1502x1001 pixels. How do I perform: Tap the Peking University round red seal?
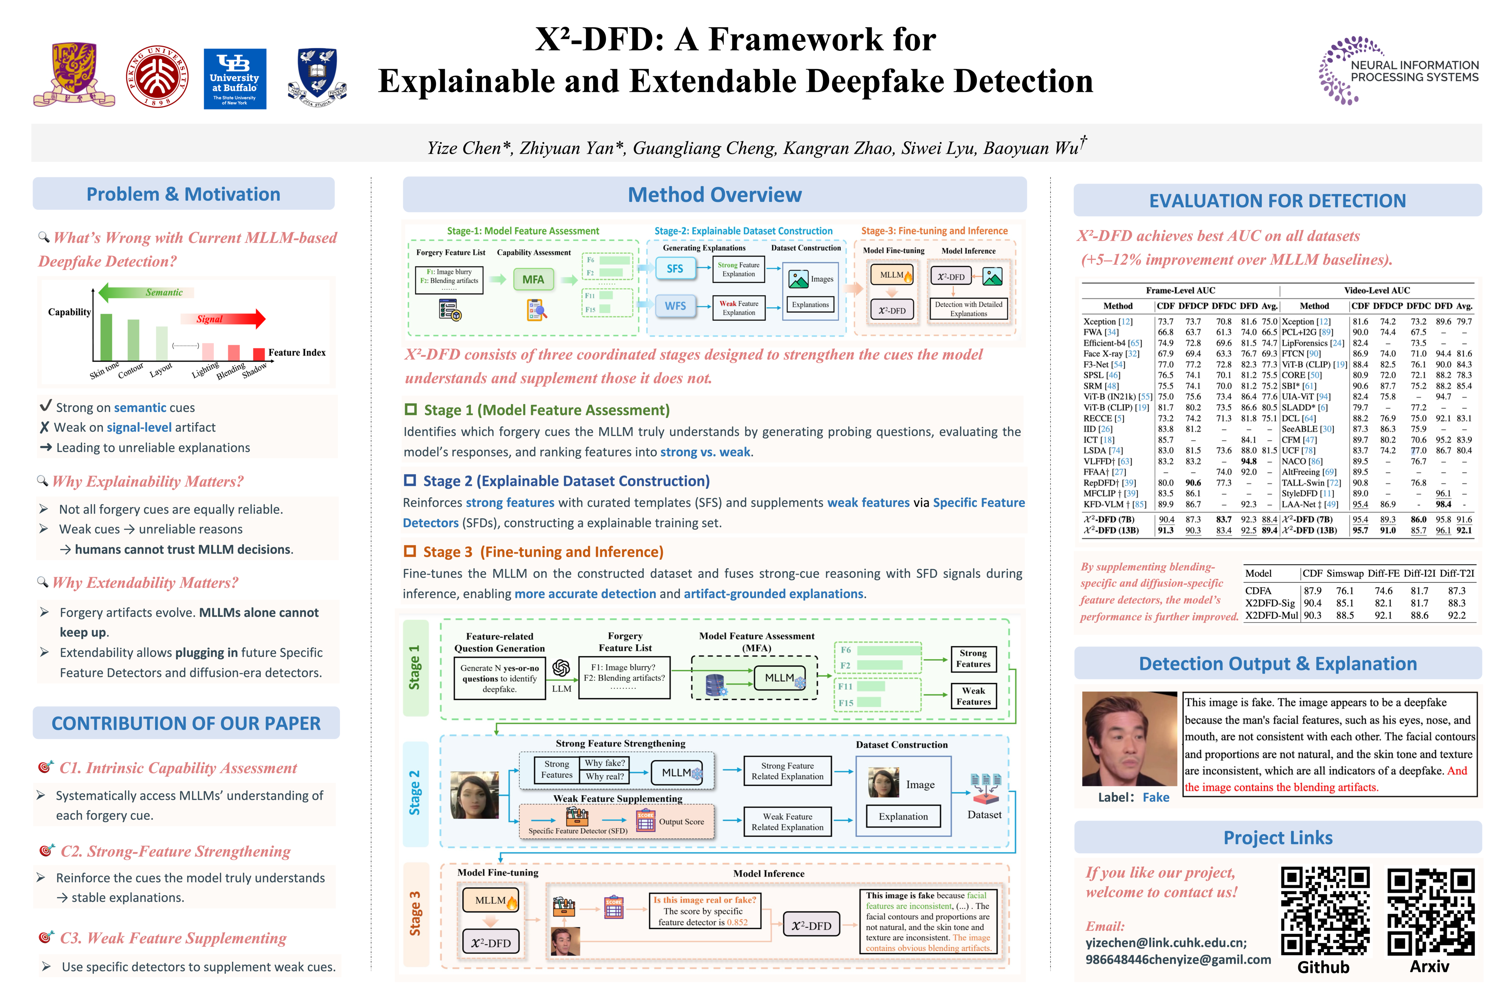point(157,76)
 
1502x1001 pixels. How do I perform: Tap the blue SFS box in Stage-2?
point(675,269)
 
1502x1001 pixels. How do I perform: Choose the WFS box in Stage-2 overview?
point(675,306)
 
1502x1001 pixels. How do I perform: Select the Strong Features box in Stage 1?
point(972,658)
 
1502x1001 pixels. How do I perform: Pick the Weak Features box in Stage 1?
point(972,696)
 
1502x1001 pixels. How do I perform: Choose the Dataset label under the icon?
point(984,815)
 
